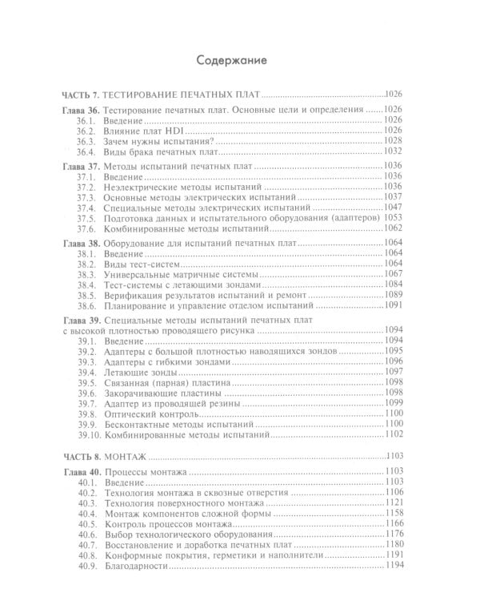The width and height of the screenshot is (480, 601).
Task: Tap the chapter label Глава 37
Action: point(82,166)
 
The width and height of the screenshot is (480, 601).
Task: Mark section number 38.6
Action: point(86,306)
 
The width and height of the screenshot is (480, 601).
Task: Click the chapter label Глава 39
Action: point(82,320)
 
